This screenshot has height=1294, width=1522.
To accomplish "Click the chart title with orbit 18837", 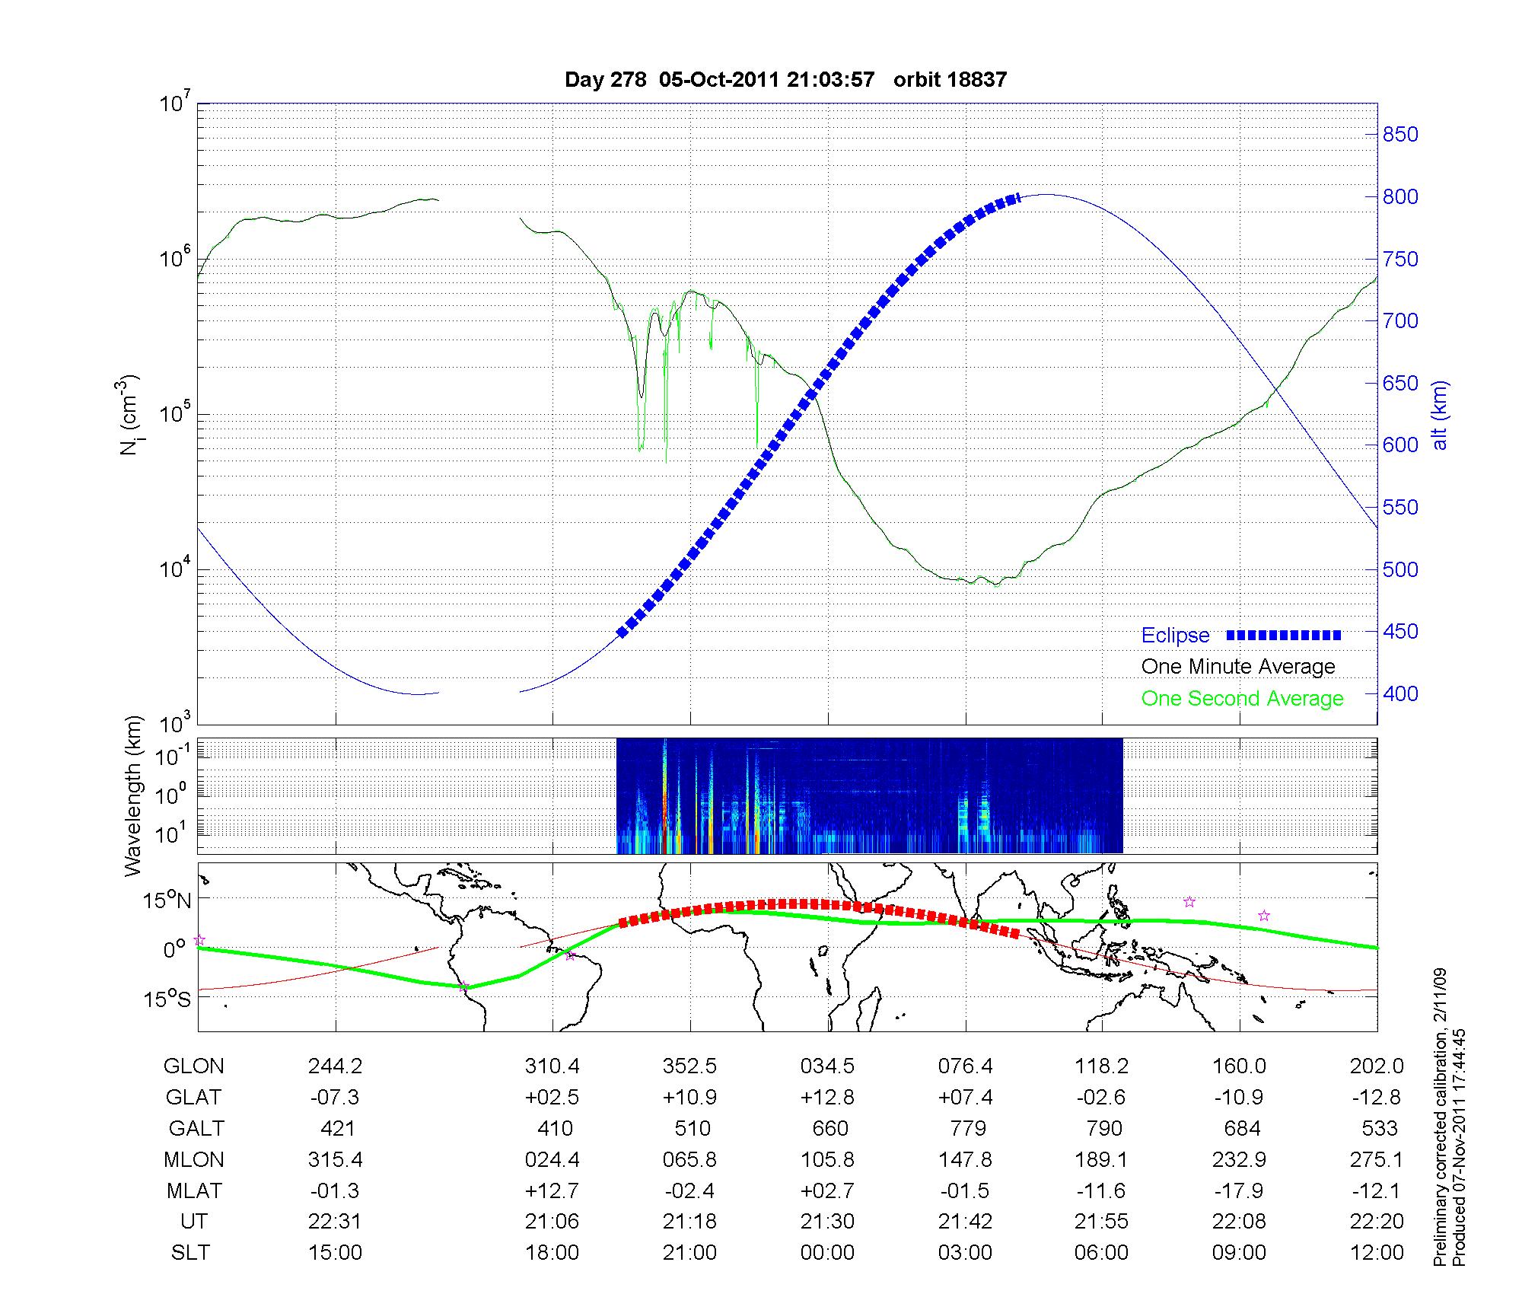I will (785, 79).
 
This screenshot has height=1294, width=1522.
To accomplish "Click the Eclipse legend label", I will (1175, 635).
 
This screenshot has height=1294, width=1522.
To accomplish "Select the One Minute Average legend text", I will (1238, 667).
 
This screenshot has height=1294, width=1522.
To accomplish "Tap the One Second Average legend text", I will (1242, 698).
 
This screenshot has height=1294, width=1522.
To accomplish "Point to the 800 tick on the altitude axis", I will (1400, 197).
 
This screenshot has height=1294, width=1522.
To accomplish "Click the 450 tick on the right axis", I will (1400, 632).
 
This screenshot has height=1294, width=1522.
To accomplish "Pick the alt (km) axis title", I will (1440, 415).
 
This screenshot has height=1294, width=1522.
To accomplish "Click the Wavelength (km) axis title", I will (133, 795).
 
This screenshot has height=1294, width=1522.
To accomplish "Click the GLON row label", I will (193, 1066).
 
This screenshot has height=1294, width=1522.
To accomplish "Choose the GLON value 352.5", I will (689, 1066).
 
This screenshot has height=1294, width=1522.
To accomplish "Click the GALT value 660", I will (829, 1128).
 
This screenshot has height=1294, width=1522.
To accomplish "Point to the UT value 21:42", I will (965, 1221).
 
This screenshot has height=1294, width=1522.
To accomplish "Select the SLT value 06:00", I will (1101, 1252).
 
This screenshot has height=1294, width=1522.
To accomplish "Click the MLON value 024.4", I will (552, 1159).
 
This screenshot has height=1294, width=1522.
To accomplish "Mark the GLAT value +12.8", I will (827, 1098).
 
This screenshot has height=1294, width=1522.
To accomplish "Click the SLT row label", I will (190, 1252).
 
